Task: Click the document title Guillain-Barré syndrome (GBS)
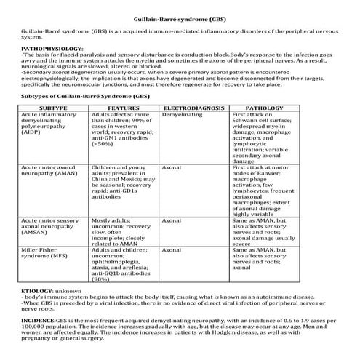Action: (180, 17)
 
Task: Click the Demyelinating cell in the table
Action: (183, 115)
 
